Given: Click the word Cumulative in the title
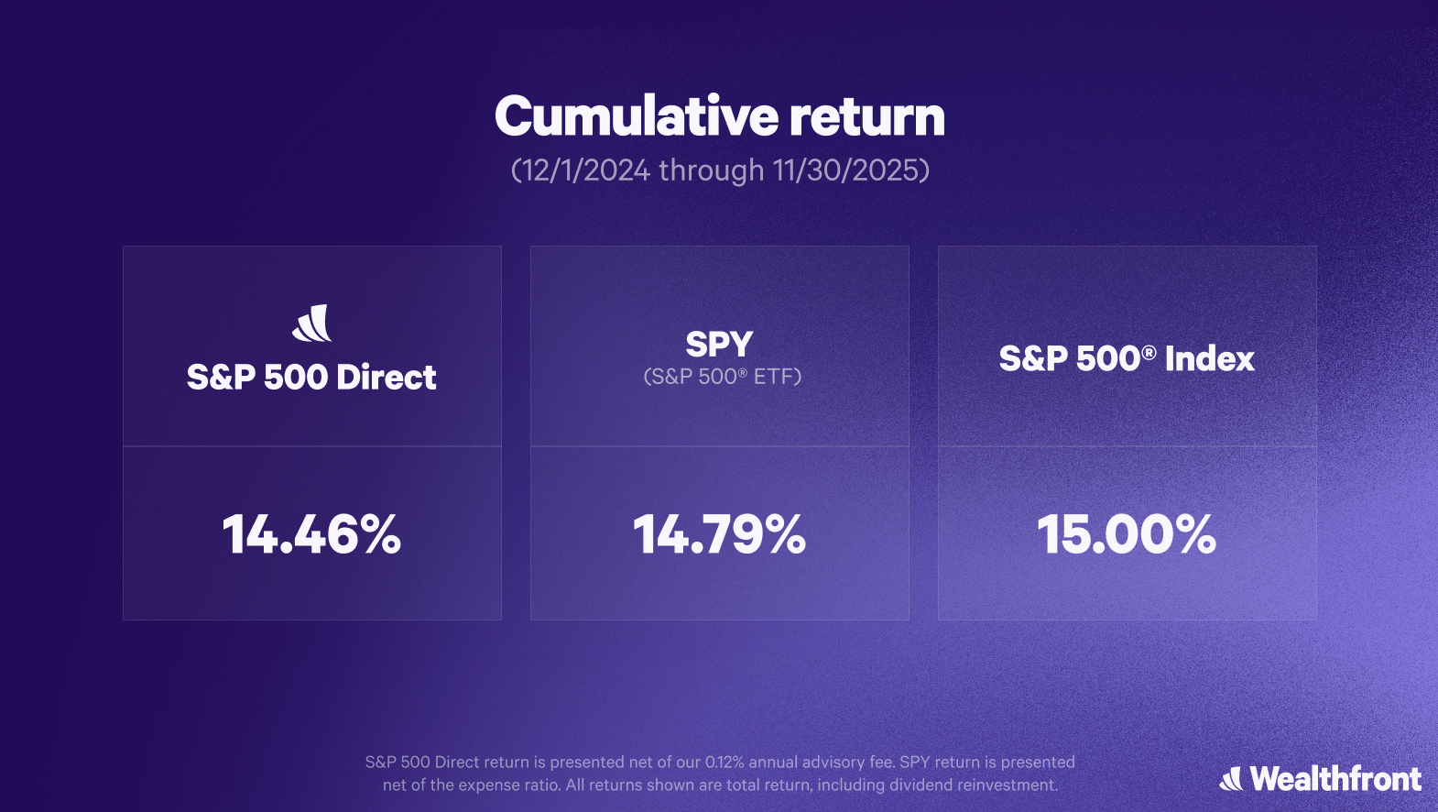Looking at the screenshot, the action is [x=637, y=116].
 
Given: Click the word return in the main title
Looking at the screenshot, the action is [x=867, y=118].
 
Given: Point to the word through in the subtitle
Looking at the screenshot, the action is [x=712, y=170].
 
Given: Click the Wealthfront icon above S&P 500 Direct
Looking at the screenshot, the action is [x=312, y=323].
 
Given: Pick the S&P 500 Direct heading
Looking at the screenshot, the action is [x=311, y=377].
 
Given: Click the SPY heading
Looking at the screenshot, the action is [x=719, y=344].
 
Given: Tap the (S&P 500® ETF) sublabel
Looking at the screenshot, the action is [x=723, y=376].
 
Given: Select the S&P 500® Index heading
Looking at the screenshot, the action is [x=1127, y=357].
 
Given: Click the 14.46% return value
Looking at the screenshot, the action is [x=311, y=533].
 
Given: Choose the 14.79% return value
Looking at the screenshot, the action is [x=719, y=533].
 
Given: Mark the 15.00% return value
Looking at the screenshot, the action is [x=1127, y=533].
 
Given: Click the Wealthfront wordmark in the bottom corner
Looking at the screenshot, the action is [x=1335, y=779].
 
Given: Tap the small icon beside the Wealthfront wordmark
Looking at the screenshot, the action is [x=1231, y=779].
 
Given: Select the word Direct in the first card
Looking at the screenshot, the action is [x=387, y=377].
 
